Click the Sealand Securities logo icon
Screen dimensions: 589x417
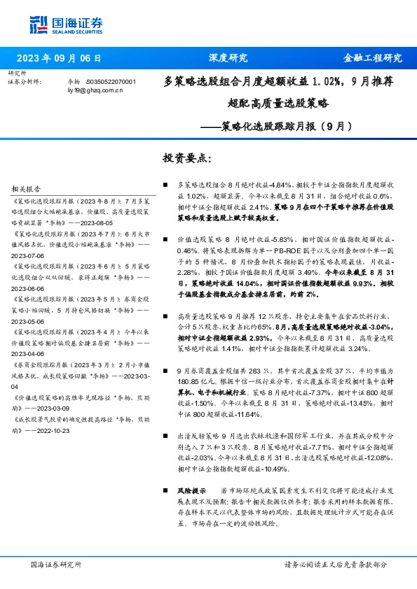pos(39,23)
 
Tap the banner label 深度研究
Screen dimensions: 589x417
pos(228,58)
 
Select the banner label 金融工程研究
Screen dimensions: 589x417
pos(372,58)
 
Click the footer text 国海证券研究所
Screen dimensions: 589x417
pos(57,564)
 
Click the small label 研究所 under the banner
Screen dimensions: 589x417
pos(16,73)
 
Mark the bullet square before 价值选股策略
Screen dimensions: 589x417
pos(164,239)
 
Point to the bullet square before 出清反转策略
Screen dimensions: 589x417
pos(164,435)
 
